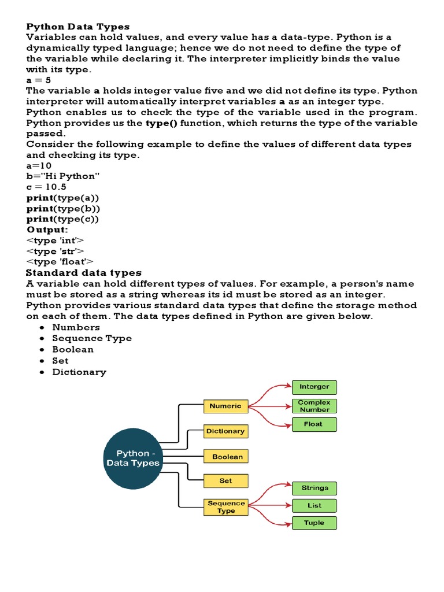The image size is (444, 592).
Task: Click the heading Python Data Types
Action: click(x=78, y=27)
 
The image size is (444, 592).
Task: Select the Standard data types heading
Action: click(x=84, y=273)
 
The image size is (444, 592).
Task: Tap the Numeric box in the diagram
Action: click(x=225, y=406)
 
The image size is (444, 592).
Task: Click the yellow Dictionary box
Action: click(x=225, y=431)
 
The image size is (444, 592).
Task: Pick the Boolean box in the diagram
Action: click(x=226, y=457)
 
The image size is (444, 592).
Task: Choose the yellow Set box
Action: click(x=225, y=480)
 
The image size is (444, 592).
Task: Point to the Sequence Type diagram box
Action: click(x=226, y=507)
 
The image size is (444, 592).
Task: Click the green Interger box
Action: click(x=314, y=387)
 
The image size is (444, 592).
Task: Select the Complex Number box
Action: click(x=314, y=406)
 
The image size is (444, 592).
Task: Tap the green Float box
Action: click(x=314, y=424)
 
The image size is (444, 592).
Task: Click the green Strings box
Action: click(x=314, y=488)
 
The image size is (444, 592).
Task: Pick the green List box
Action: click(x=314, y=505)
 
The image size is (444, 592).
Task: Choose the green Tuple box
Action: click(x=314, y=523)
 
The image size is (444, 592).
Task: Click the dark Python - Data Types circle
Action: click(x=133, y=458)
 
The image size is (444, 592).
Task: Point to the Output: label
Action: click(x=47, y=230)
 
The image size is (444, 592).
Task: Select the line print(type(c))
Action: click(x=63, y=219)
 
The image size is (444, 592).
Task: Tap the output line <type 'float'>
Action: click(x=60, y=262)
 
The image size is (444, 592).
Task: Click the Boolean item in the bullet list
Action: click(x=73, y=350)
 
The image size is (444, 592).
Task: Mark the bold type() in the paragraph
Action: click(x=160, y=123)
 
